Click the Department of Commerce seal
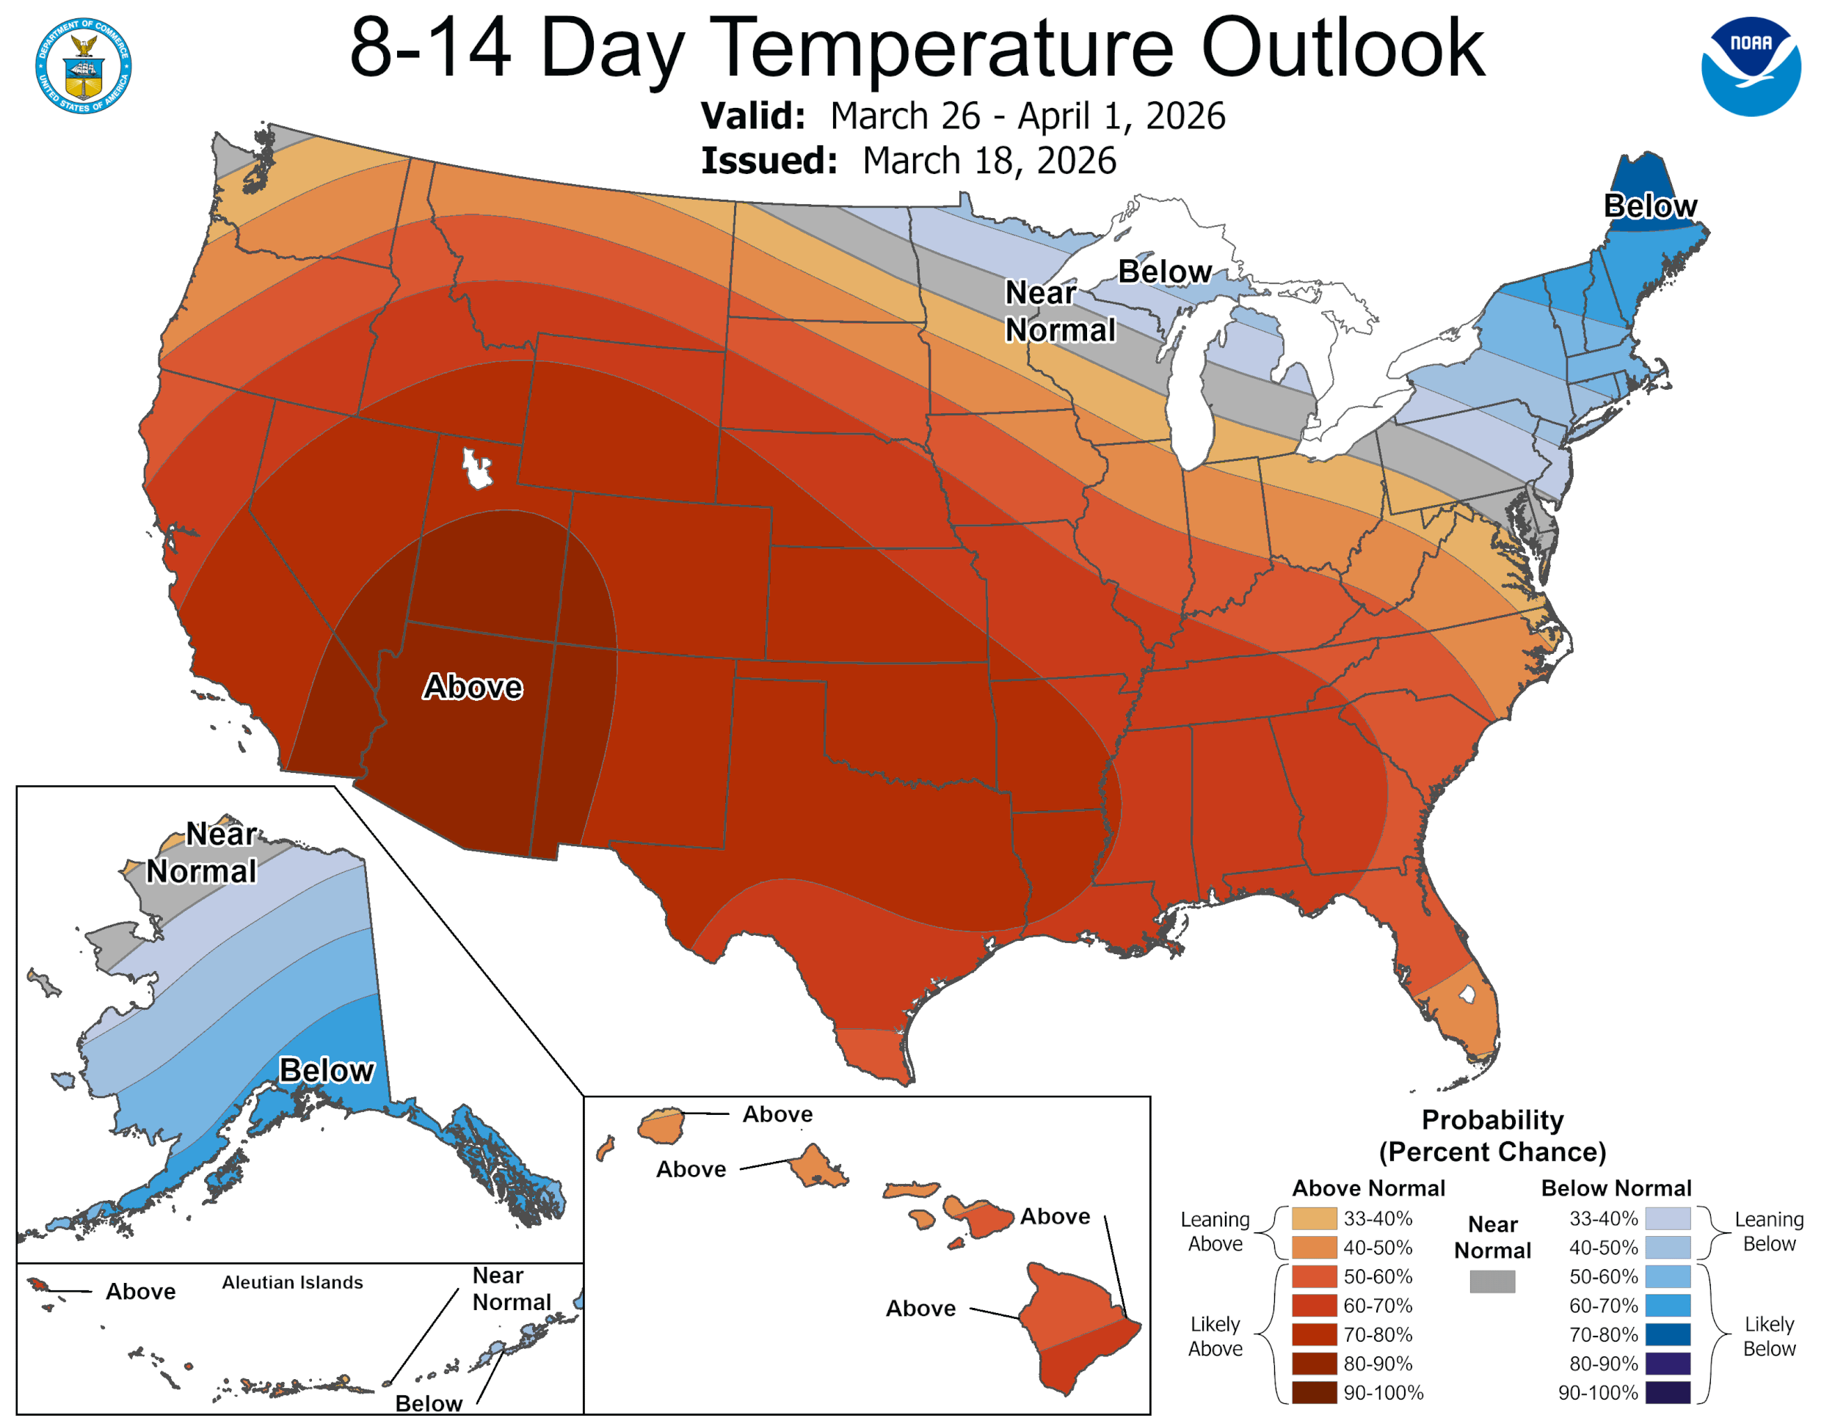pyautogui.click(x=83, y=65)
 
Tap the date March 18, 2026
pyautogui.click(x=989, y=161)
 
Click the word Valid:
pyautogui.click(x=753, y=116)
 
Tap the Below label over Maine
pyautogui.click(x=1649, y=206)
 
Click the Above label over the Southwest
pyautogui.click(x=472, y=687)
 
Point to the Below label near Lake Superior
pyautogui.click(x=1165, y=272)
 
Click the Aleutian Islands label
pyautogui.click(x=292, y=1282)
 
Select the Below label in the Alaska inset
pyautogui.click(x=326, y=1070)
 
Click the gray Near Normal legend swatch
pyautogui.click(x=1492, y=1281)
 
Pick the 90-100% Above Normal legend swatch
pyautogui.click(x=1314, y=1392)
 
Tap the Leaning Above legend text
pyautogui.click(x=1215, y=1231)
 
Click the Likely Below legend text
pyautogui.click(x=1769, y=1336)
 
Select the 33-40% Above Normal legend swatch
pyautogui.click(x=1314, y=1218)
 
